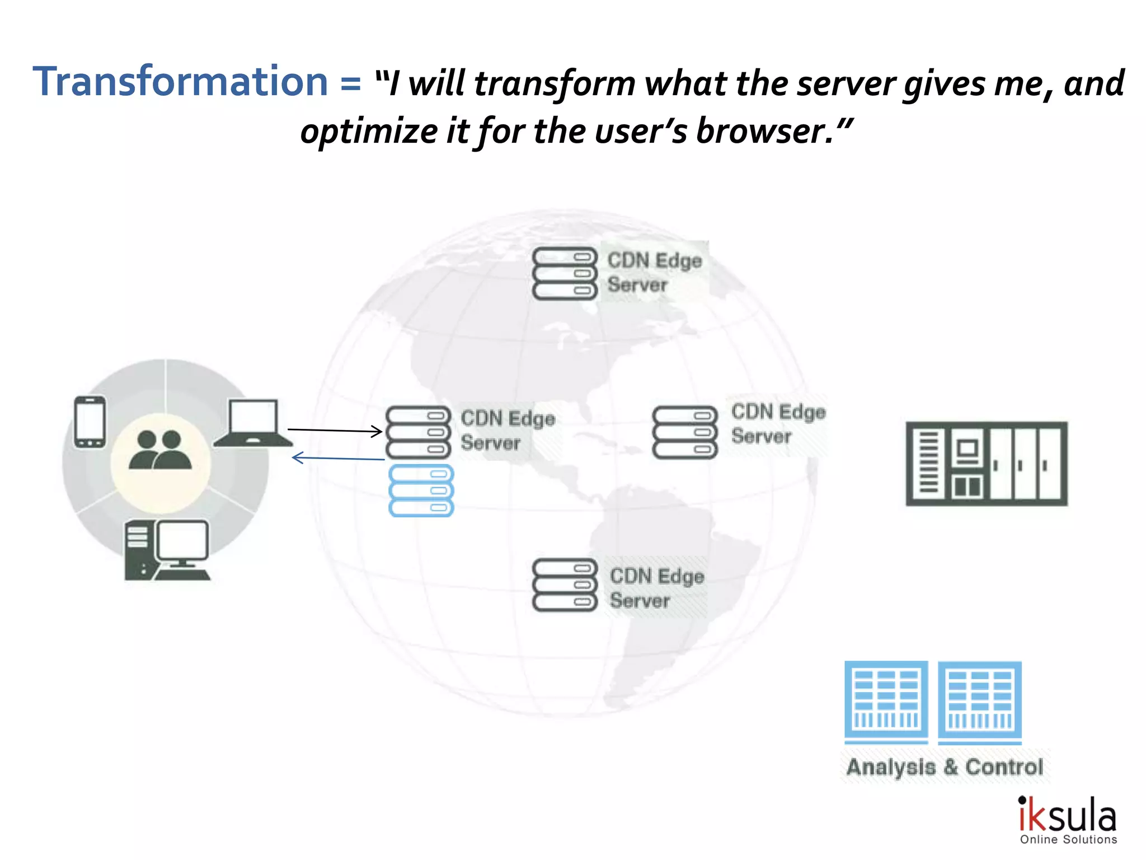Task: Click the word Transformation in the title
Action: pos(180,82)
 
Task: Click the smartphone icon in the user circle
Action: pos(90,422)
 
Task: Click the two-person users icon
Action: pos(161,450)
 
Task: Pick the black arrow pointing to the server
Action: pos(335,430)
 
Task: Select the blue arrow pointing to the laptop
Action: pos(338,459)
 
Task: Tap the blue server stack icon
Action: pos(421,490)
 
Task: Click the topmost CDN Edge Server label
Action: pos(654,272)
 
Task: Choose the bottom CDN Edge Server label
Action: pos(656,588)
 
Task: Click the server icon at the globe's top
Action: pos(565,273)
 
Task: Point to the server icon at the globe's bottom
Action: pos(565,585)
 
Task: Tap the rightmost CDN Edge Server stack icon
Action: pos(684,432)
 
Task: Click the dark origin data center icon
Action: pos(987,464)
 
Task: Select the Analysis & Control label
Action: pos(945,766)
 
